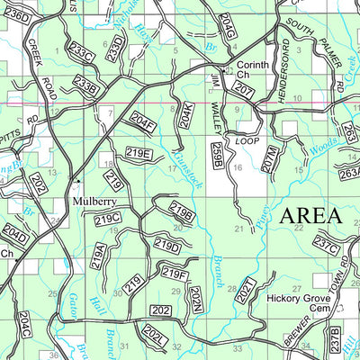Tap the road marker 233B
(x=86, y=85)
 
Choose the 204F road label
(x=142, y=119)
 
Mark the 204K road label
(x=184, y=115)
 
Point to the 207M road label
(x=266, y=159)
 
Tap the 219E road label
(x=138, y=153)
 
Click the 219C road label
(x=108, y=219)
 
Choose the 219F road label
(x=175, y=272)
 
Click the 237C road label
(x=326, y=244)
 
